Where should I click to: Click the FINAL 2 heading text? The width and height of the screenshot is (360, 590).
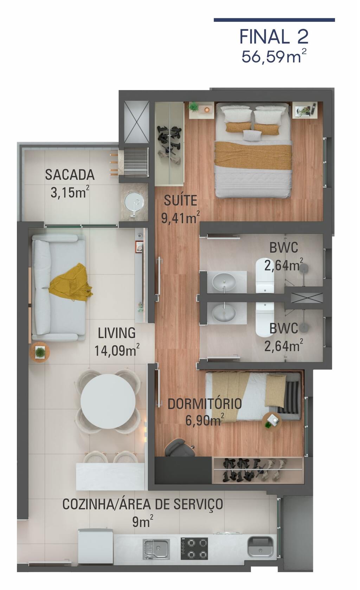(x=274, y=37)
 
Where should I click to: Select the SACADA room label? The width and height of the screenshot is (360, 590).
(x=70, y=175)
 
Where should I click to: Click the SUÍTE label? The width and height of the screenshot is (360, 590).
(x=180, y=200)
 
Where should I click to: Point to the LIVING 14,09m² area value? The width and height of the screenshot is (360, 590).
(x=117, y=351)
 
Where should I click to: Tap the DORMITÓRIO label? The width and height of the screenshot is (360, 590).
(x=205, y=404)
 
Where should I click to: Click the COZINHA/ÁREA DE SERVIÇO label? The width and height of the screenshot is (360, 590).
(x=143, y=504)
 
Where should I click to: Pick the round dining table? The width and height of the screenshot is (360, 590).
(x=108, y=401)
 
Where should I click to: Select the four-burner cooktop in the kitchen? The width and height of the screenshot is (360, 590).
(x=194, y=549)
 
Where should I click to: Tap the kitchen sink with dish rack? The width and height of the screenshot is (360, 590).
(x=156, y=549)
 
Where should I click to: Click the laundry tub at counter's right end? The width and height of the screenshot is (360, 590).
(x=261, y=546)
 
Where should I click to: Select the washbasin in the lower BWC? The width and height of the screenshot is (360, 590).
(x=224, y=312)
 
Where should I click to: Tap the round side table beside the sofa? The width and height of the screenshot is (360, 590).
(x=40, y=352)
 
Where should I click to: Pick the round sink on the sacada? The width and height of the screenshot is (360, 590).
(x=134, y=202)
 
